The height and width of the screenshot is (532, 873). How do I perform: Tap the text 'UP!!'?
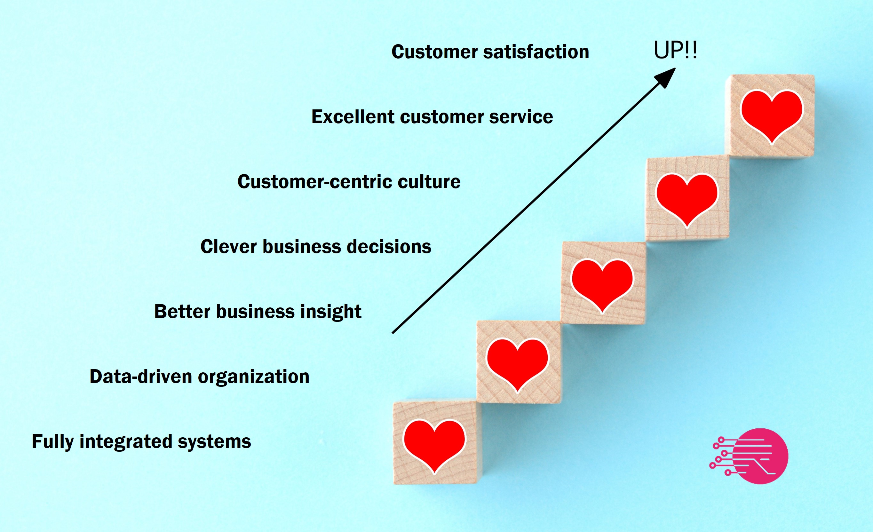[x=675, y=50]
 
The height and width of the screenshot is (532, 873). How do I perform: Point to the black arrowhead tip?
[x=675, y=68]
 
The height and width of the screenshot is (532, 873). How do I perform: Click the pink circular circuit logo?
[x=749, y=456]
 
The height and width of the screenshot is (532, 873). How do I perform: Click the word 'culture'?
[x=429, y=182]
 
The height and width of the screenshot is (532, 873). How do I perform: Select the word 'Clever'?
[x=228, y=247]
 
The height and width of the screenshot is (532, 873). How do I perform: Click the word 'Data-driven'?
[x=141, y=376]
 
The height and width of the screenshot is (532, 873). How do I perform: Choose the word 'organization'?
[x=254, y=376]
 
